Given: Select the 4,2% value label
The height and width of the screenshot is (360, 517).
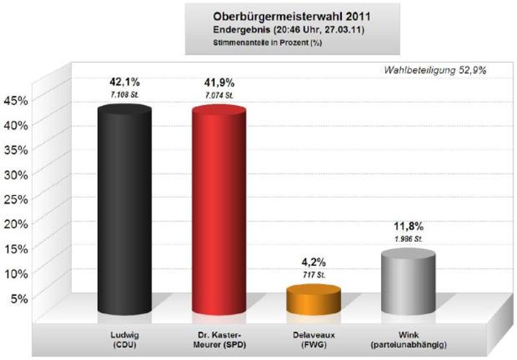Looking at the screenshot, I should (x=313, y=261).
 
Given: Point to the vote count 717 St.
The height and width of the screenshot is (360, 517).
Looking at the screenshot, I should (x=313, y=274).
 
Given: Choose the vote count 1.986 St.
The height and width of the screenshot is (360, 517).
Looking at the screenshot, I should (x=408, y=239).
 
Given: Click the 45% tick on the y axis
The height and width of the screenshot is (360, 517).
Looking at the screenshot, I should (x=16, y=100).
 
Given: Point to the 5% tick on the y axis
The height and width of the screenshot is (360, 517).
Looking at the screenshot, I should (x=19, y=297).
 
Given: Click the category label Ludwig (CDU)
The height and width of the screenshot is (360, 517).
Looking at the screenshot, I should (x=124, y=339).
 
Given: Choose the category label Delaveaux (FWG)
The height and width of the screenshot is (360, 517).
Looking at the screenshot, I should (x=313, y=339).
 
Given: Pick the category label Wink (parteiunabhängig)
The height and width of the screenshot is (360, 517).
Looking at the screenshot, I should (x=408, y=339).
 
